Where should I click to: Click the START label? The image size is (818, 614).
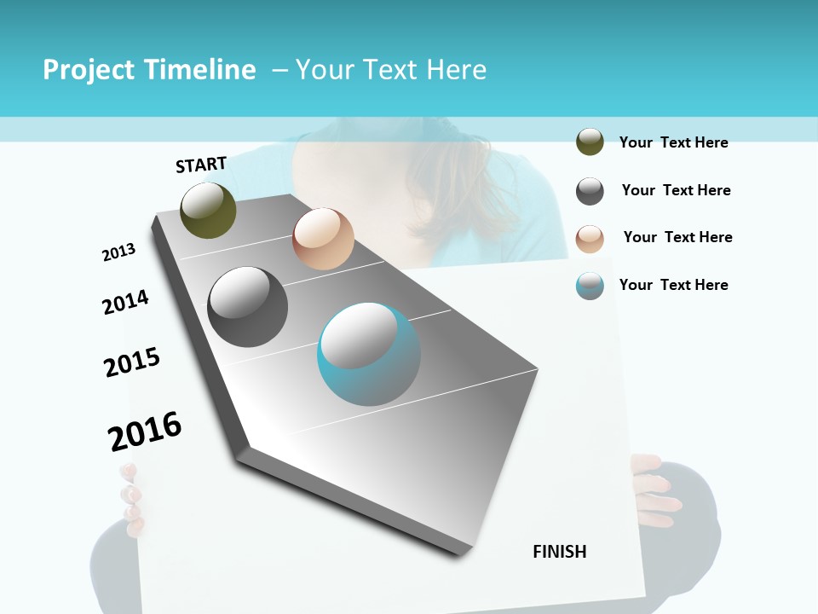(x=201, y=165)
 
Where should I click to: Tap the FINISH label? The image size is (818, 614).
(x=559, y=552)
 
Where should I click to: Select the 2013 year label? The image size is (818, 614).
(x=118, y=252)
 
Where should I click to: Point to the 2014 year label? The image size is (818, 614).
(x=125, y=302)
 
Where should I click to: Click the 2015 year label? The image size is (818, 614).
(x=132, y=362)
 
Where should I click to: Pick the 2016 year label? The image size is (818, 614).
(x=145, y=431)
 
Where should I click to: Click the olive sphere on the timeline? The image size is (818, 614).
(x=208, y=210)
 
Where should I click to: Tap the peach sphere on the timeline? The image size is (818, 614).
(x=323, y=239)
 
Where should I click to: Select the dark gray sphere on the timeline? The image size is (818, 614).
(x=247, y=307)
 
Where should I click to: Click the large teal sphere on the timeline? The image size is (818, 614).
(x=368, y=354)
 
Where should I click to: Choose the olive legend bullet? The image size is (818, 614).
(x=590, y=142)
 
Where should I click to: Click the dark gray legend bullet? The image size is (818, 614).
(x=590, y=191)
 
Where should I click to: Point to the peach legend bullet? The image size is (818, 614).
(x=590, y=239)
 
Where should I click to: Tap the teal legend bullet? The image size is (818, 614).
(x=590, y=286)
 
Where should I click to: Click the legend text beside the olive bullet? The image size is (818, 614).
(x=673, y=142)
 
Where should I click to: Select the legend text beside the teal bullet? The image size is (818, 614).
(x=673, y=285)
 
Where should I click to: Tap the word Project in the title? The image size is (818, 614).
(x=88, y=70)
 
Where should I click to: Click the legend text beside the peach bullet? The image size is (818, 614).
(x=677, y=237)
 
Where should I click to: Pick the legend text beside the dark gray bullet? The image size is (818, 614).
(x=676, y=190)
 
